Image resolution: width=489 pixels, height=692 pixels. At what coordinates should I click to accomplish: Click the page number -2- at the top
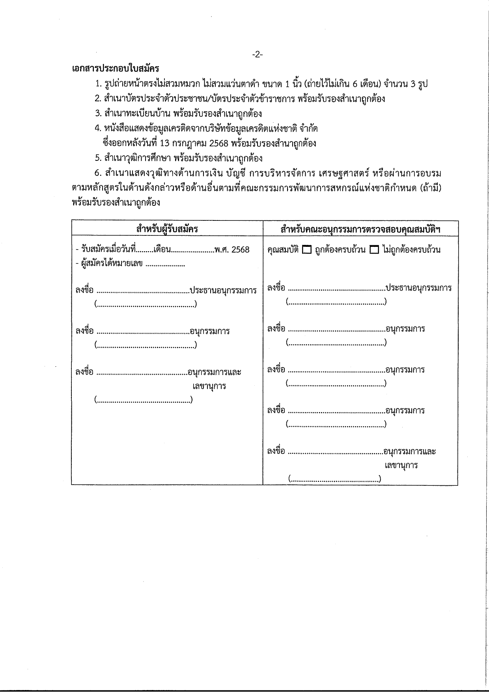tap(257, 55)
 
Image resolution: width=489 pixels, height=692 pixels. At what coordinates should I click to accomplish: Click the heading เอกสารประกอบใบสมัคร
tap(116, 69)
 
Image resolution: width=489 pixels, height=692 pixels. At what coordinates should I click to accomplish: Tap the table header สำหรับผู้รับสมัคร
tap(167, 229)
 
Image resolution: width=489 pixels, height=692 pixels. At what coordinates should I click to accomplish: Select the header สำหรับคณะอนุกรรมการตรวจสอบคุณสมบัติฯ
tap(360, 229)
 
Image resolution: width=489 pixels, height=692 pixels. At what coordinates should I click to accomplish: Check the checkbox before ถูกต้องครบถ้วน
tap(306, 250)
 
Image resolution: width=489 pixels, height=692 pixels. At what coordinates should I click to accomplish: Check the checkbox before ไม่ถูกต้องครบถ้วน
tap(374, 250)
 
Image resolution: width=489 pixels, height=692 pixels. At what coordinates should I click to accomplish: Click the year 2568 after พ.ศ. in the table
tap(241, 250)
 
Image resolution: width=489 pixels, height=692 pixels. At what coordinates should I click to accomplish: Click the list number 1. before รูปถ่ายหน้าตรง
tap(99, 84)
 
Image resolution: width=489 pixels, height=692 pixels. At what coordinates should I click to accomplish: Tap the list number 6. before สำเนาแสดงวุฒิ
tap(99, 173)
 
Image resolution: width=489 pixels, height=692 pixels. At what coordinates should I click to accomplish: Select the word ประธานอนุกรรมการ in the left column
tap(223, 291)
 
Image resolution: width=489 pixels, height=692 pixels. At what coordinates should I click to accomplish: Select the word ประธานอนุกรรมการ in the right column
tap(419, 288)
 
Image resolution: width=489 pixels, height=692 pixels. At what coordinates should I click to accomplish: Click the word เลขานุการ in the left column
tap(209, 386)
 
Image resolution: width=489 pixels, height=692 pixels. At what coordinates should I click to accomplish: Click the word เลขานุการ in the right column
tap(401, 465)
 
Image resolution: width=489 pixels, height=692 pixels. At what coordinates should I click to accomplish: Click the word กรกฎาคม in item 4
tap(190, 144)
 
